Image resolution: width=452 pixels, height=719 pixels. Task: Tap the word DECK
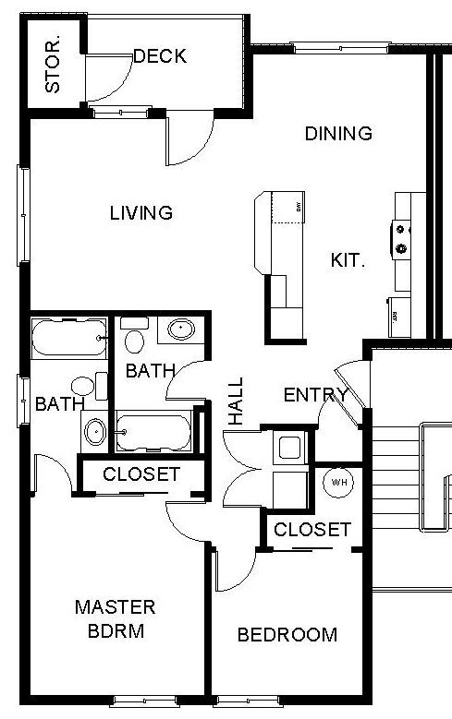[x=160, y=56]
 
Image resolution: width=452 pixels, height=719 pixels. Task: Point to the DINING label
[x=338, y=134]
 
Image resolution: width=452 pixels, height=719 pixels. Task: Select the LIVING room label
[x=141, y=213]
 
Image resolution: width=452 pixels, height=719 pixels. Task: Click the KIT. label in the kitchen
[x=348, y=260]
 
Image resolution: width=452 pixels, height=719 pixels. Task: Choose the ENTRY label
[x=315, y=396]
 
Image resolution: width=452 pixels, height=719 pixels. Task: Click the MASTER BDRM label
[x=115, y=619]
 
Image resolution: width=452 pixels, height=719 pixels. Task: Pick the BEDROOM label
[x=287, y=635]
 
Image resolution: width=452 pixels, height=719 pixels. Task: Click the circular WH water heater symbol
[x=337, y=481]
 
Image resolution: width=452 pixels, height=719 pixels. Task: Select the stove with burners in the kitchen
[x=403, y=236]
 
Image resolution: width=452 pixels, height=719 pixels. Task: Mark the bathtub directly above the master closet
[x=154, y=430]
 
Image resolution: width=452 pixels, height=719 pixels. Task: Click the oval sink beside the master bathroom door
[x=94, y=430]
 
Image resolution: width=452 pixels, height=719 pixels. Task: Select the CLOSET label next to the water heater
[x=312, y=530]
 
